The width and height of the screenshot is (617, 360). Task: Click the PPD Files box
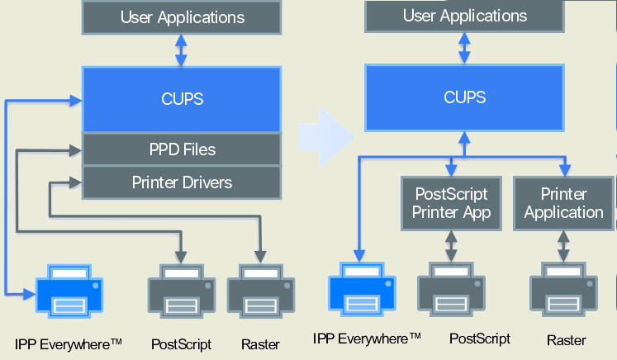[182, 149]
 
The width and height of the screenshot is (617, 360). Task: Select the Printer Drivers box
[182, 182]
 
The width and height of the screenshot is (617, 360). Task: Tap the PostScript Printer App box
[451, 203]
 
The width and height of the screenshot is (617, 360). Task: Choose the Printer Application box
[564, 203]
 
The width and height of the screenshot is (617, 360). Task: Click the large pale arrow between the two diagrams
[335, 132]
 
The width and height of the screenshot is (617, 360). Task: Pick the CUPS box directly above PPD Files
[182, 99]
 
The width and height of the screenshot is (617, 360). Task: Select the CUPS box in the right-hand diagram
[464, 97]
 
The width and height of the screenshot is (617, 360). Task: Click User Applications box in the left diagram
[182, 17]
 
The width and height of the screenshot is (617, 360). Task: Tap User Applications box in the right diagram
[464, 16]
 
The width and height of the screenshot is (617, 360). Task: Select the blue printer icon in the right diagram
[362, 290]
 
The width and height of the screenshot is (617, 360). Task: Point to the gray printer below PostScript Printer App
[451, 290]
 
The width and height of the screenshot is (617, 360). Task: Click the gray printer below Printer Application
[564, 290]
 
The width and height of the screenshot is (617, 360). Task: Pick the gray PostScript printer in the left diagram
[182, 291]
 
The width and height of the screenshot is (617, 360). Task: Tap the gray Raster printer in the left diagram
[261, 291]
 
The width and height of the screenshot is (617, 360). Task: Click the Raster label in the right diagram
[567, 339]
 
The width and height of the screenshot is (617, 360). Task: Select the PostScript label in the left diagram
[182, 343]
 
